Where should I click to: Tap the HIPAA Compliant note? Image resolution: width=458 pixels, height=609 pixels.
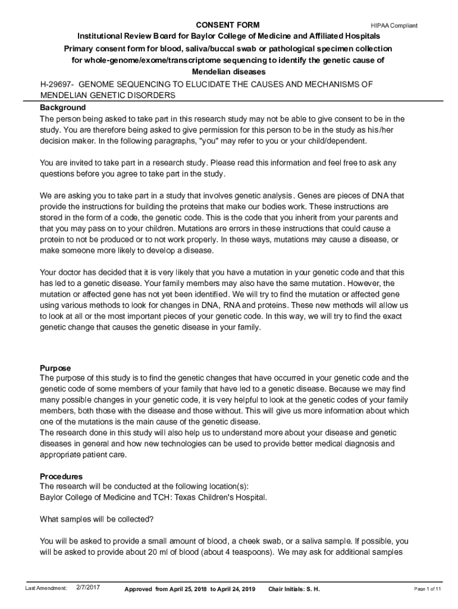394,26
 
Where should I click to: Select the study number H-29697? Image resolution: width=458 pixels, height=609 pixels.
57,84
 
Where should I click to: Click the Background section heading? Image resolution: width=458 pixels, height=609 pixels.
62,108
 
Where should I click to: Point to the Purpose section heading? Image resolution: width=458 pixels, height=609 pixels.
55,368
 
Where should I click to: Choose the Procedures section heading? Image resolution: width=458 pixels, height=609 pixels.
61,476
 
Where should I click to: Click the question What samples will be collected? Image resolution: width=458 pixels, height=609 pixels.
96,519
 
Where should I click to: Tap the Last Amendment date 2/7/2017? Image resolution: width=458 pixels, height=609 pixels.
88,588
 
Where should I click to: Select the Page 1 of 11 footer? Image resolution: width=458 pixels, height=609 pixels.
427,589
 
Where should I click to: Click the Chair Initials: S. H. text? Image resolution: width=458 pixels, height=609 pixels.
294,589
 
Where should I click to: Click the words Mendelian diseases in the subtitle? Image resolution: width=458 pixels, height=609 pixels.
228,72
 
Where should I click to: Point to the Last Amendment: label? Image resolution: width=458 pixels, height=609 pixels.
46,588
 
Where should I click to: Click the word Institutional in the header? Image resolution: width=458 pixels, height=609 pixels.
101,36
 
